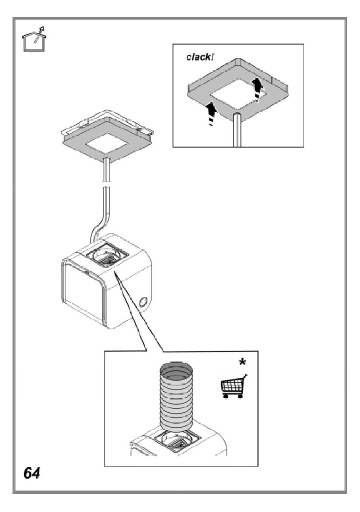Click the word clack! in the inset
coord(200,57)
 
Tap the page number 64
coord(32,473)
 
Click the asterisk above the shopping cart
coord(242,363)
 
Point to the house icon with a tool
coord(34,39)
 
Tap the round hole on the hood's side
coord(144,302)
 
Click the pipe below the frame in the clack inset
coord(236,131)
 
